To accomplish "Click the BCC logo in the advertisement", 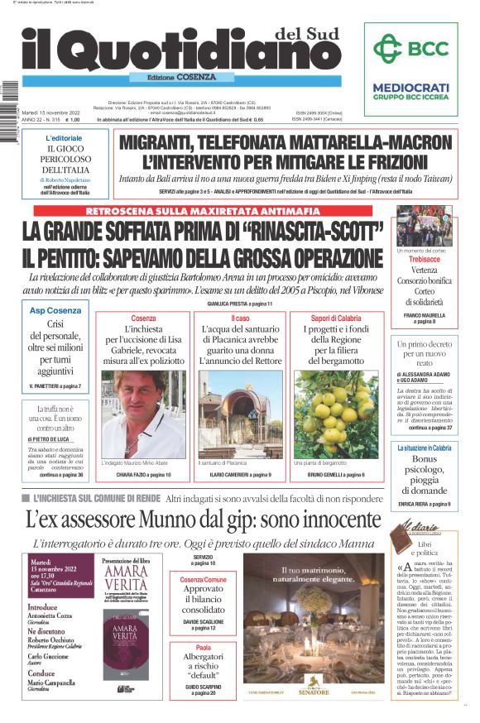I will (410, 49).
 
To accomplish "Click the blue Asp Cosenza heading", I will (55, 310).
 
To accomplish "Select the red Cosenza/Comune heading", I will (204, 580).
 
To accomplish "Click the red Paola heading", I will (204, 648).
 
